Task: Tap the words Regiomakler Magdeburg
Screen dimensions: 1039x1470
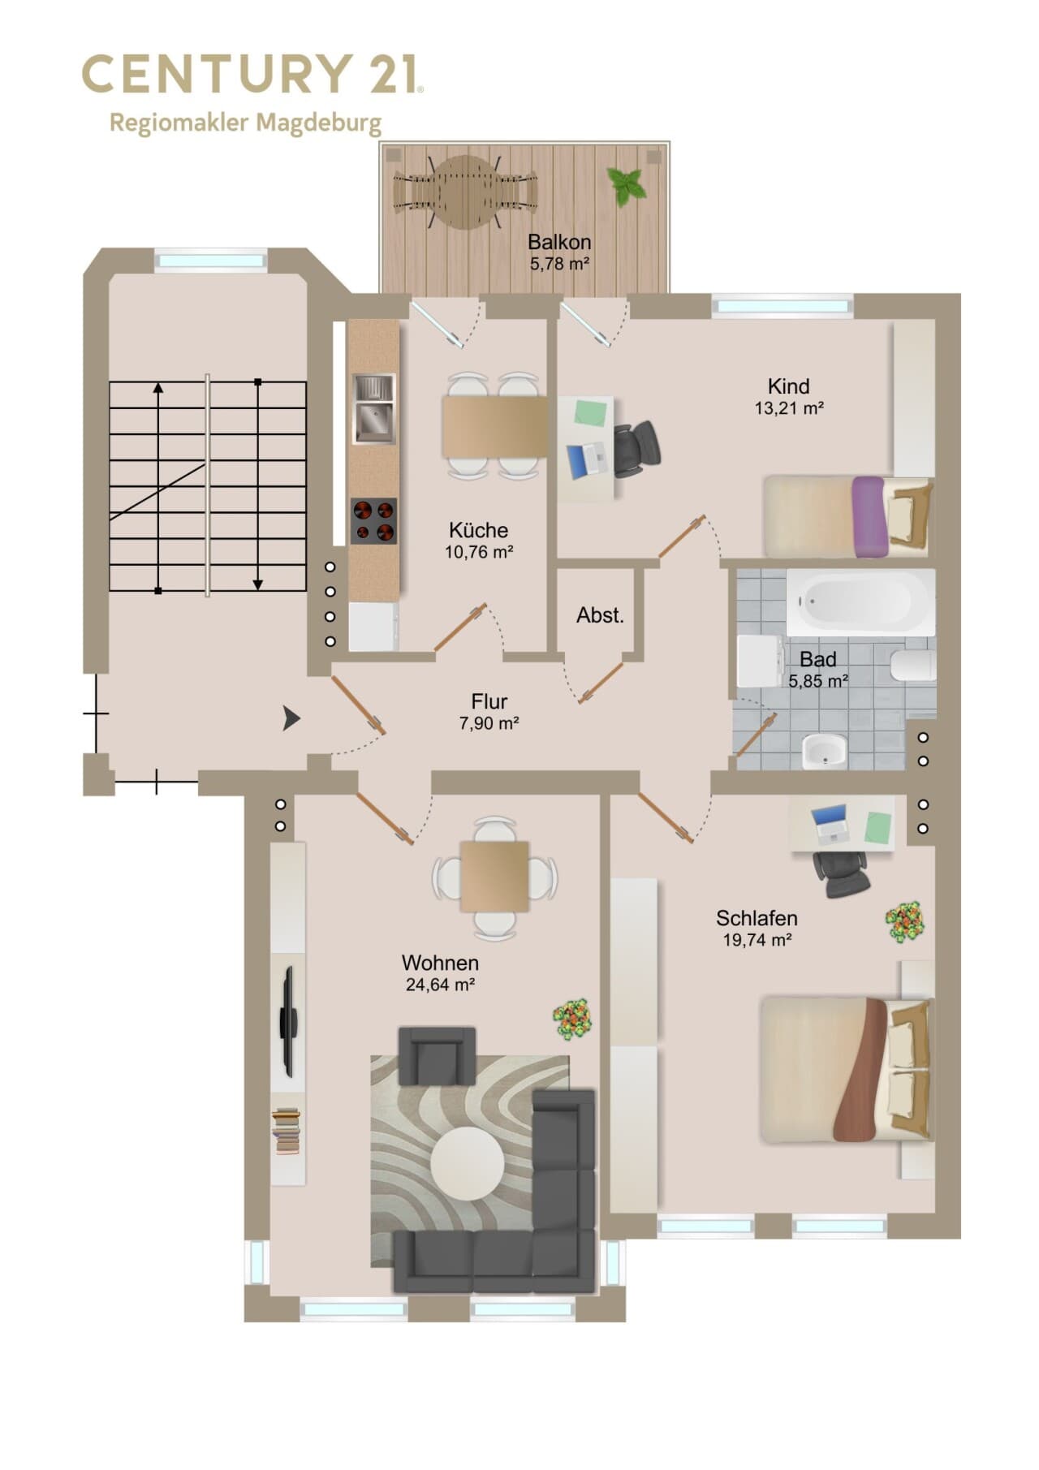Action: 245,123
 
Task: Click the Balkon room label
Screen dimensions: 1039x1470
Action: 559,242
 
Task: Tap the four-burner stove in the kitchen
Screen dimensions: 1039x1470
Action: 373,520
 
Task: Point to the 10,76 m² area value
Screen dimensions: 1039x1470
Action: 479,553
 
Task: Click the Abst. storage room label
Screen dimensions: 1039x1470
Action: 600,615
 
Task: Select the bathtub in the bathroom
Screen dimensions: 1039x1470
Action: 860,602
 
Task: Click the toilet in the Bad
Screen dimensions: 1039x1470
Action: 913,665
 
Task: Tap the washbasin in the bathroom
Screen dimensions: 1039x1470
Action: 825,751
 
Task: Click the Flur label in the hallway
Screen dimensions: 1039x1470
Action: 489,701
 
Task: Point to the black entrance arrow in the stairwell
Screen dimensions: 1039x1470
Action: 291,718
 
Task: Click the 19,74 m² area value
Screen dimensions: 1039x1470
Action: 757,940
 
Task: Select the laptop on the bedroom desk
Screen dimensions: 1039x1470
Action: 830,824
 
